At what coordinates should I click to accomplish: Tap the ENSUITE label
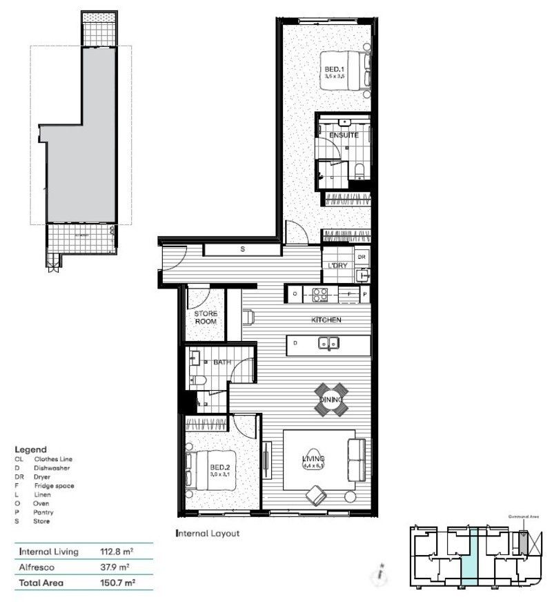coord(344,135)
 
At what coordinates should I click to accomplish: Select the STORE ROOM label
coord(205,318)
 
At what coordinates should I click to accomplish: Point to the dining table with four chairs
coord(332,399)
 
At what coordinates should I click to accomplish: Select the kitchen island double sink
coord(328,342)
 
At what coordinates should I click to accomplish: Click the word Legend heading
coord(30,449)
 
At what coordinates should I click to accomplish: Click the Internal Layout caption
coord(208,533)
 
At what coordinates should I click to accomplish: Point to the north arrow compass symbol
coord(379,572)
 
